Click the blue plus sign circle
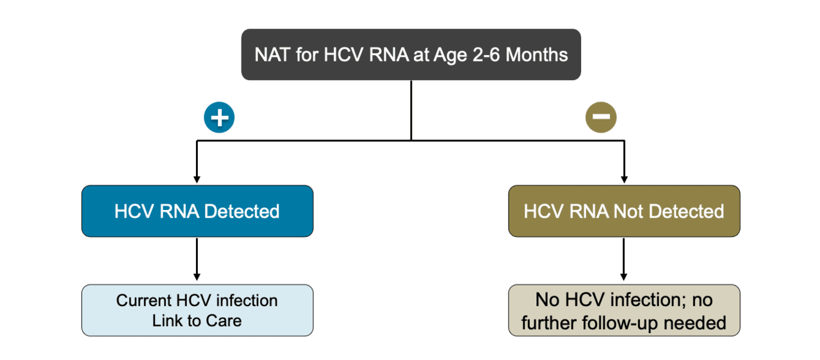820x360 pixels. [220, 117]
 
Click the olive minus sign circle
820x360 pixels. [601, 117]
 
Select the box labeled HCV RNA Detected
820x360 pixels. [197, 211]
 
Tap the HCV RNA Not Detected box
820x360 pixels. [624, 211]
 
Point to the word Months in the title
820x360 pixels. [537, 54]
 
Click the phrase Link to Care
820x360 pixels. [197, 321]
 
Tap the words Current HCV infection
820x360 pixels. [197, 300]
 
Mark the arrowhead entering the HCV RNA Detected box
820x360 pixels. [197, 180]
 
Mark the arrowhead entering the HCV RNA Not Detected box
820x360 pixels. [624, 180]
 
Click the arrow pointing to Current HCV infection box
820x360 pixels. [197, 261]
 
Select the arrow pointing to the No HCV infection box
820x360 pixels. [624, 261]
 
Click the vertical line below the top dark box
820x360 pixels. [411, 109]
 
